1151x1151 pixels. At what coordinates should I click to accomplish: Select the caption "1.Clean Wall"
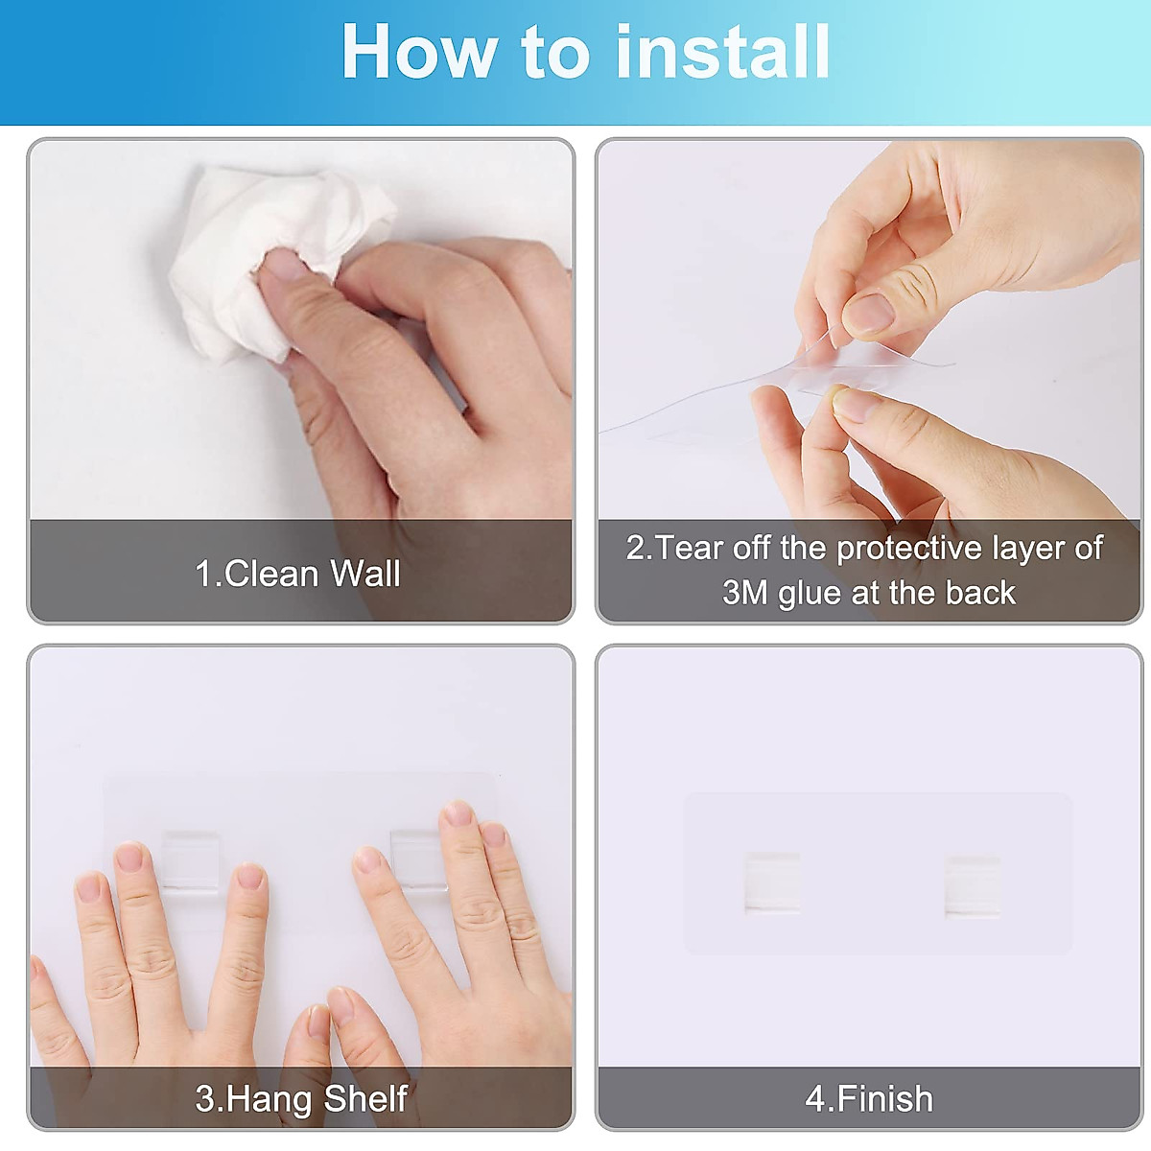click(x=297, y=574)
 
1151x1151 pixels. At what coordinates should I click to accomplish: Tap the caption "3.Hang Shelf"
click(x=301, y=1098)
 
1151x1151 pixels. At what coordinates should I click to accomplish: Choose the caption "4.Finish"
click(x=869, y=1098)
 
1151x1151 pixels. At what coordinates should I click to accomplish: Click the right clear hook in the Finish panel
click(x=972, y=887)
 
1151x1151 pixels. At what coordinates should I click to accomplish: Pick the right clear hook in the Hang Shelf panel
click(x=418, y=859)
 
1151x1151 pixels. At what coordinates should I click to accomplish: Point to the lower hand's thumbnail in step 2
click(x=856, y=404)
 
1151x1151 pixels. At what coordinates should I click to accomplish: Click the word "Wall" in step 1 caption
click(x=364, y=574)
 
